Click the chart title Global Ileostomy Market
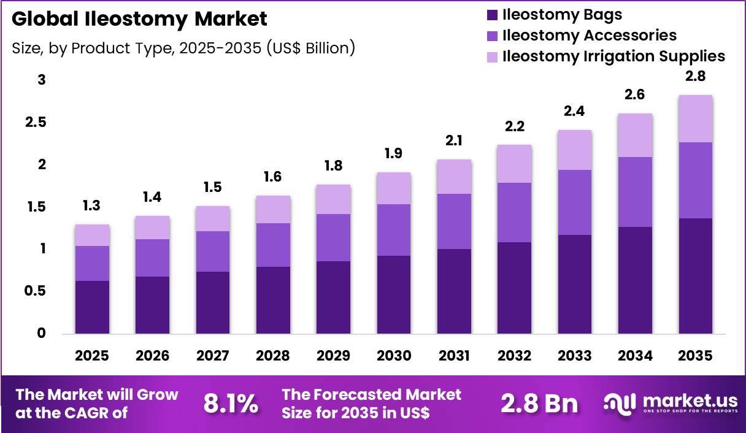click(139, 19)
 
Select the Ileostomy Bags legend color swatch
click(491, 15)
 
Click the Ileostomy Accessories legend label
click(589, 36)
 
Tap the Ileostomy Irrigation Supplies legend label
click(613, 56)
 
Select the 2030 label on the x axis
click(393, 356)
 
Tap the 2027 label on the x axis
click(213, 356)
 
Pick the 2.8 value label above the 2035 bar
click(695, 77)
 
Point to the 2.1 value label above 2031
click(453, 141)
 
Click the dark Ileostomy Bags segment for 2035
click(695, 276)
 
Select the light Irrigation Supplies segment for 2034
click(635, 135)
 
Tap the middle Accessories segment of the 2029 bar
click(333, 237)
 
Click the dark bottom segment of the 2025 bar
click(92, 307)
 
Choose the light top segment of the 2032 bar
click(513, 164)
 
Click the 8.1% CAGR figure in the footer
click(230, 404)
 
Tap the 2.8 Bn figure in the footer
click(539, 404)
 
